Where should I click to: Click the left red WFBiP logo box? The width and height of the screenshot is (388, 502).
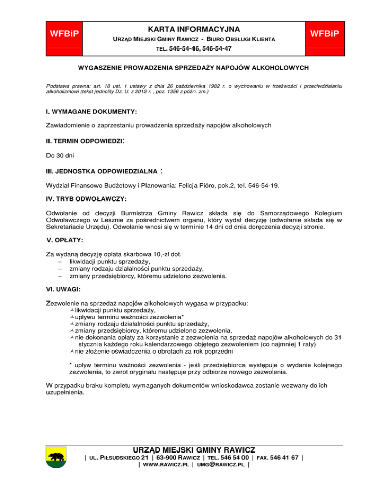[66, 34]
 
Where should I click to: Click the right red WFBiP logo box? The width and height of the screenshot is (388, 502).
[321, 34]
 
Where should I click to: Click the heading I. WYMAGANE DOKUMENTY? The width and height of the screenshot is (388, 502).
[91, 110]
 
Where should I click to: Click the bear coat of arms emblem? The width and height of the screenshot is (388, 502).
[56, 460]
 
